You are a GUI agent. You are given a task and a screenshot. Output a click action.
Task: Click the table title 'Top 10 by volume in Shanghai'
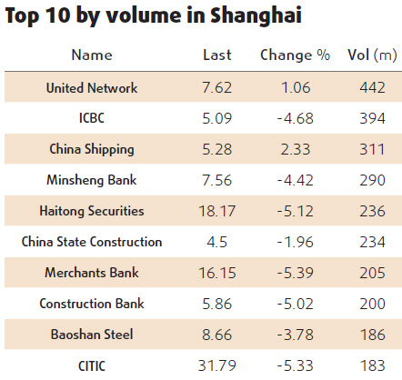pyautogui.click(x=152, y=16)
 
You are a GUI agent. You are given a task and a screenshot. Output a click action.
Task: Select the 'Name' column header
pyautogui.click(x=92, y=55)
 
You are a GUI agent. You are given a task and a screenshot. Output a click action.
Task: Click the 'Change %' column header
pyautogui.click(x=295, y=55)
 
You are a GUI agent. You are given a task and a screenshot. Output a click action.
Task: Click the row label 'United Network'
pyautogui.click(x=92, y=87)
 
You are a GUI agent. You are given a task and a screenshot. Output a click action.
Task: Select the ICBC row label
pyautogui.click(x=92, y=118)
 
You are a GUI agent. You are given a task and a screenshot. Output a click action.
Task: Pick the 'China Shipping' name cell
pyautogui.click(x=92, y=149)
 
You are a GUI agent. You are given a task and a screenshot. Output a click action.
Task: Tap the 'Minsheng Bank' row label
pyautogui.click(x=92, y=180)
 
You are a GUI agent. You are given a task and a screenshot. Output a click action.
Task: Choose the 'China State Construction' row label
pyautogui.click(x=92, y=242)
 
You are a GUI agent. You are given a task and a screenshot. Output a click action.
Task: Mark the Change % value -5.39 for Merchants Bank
pyautogui.click(x=295, y=273)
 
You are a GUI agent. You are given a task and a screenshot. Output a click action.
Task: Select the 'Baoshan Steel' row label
pyautogui.click(x=92, y=335)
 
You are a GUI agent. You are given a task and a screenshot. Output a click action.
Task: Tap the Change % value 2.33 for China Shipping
pyautogui.click(x=295, y=149)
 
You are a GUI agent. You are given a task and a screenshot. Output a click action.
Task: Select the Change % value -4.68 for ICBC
pyautogui.click(x=295, y=118)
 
